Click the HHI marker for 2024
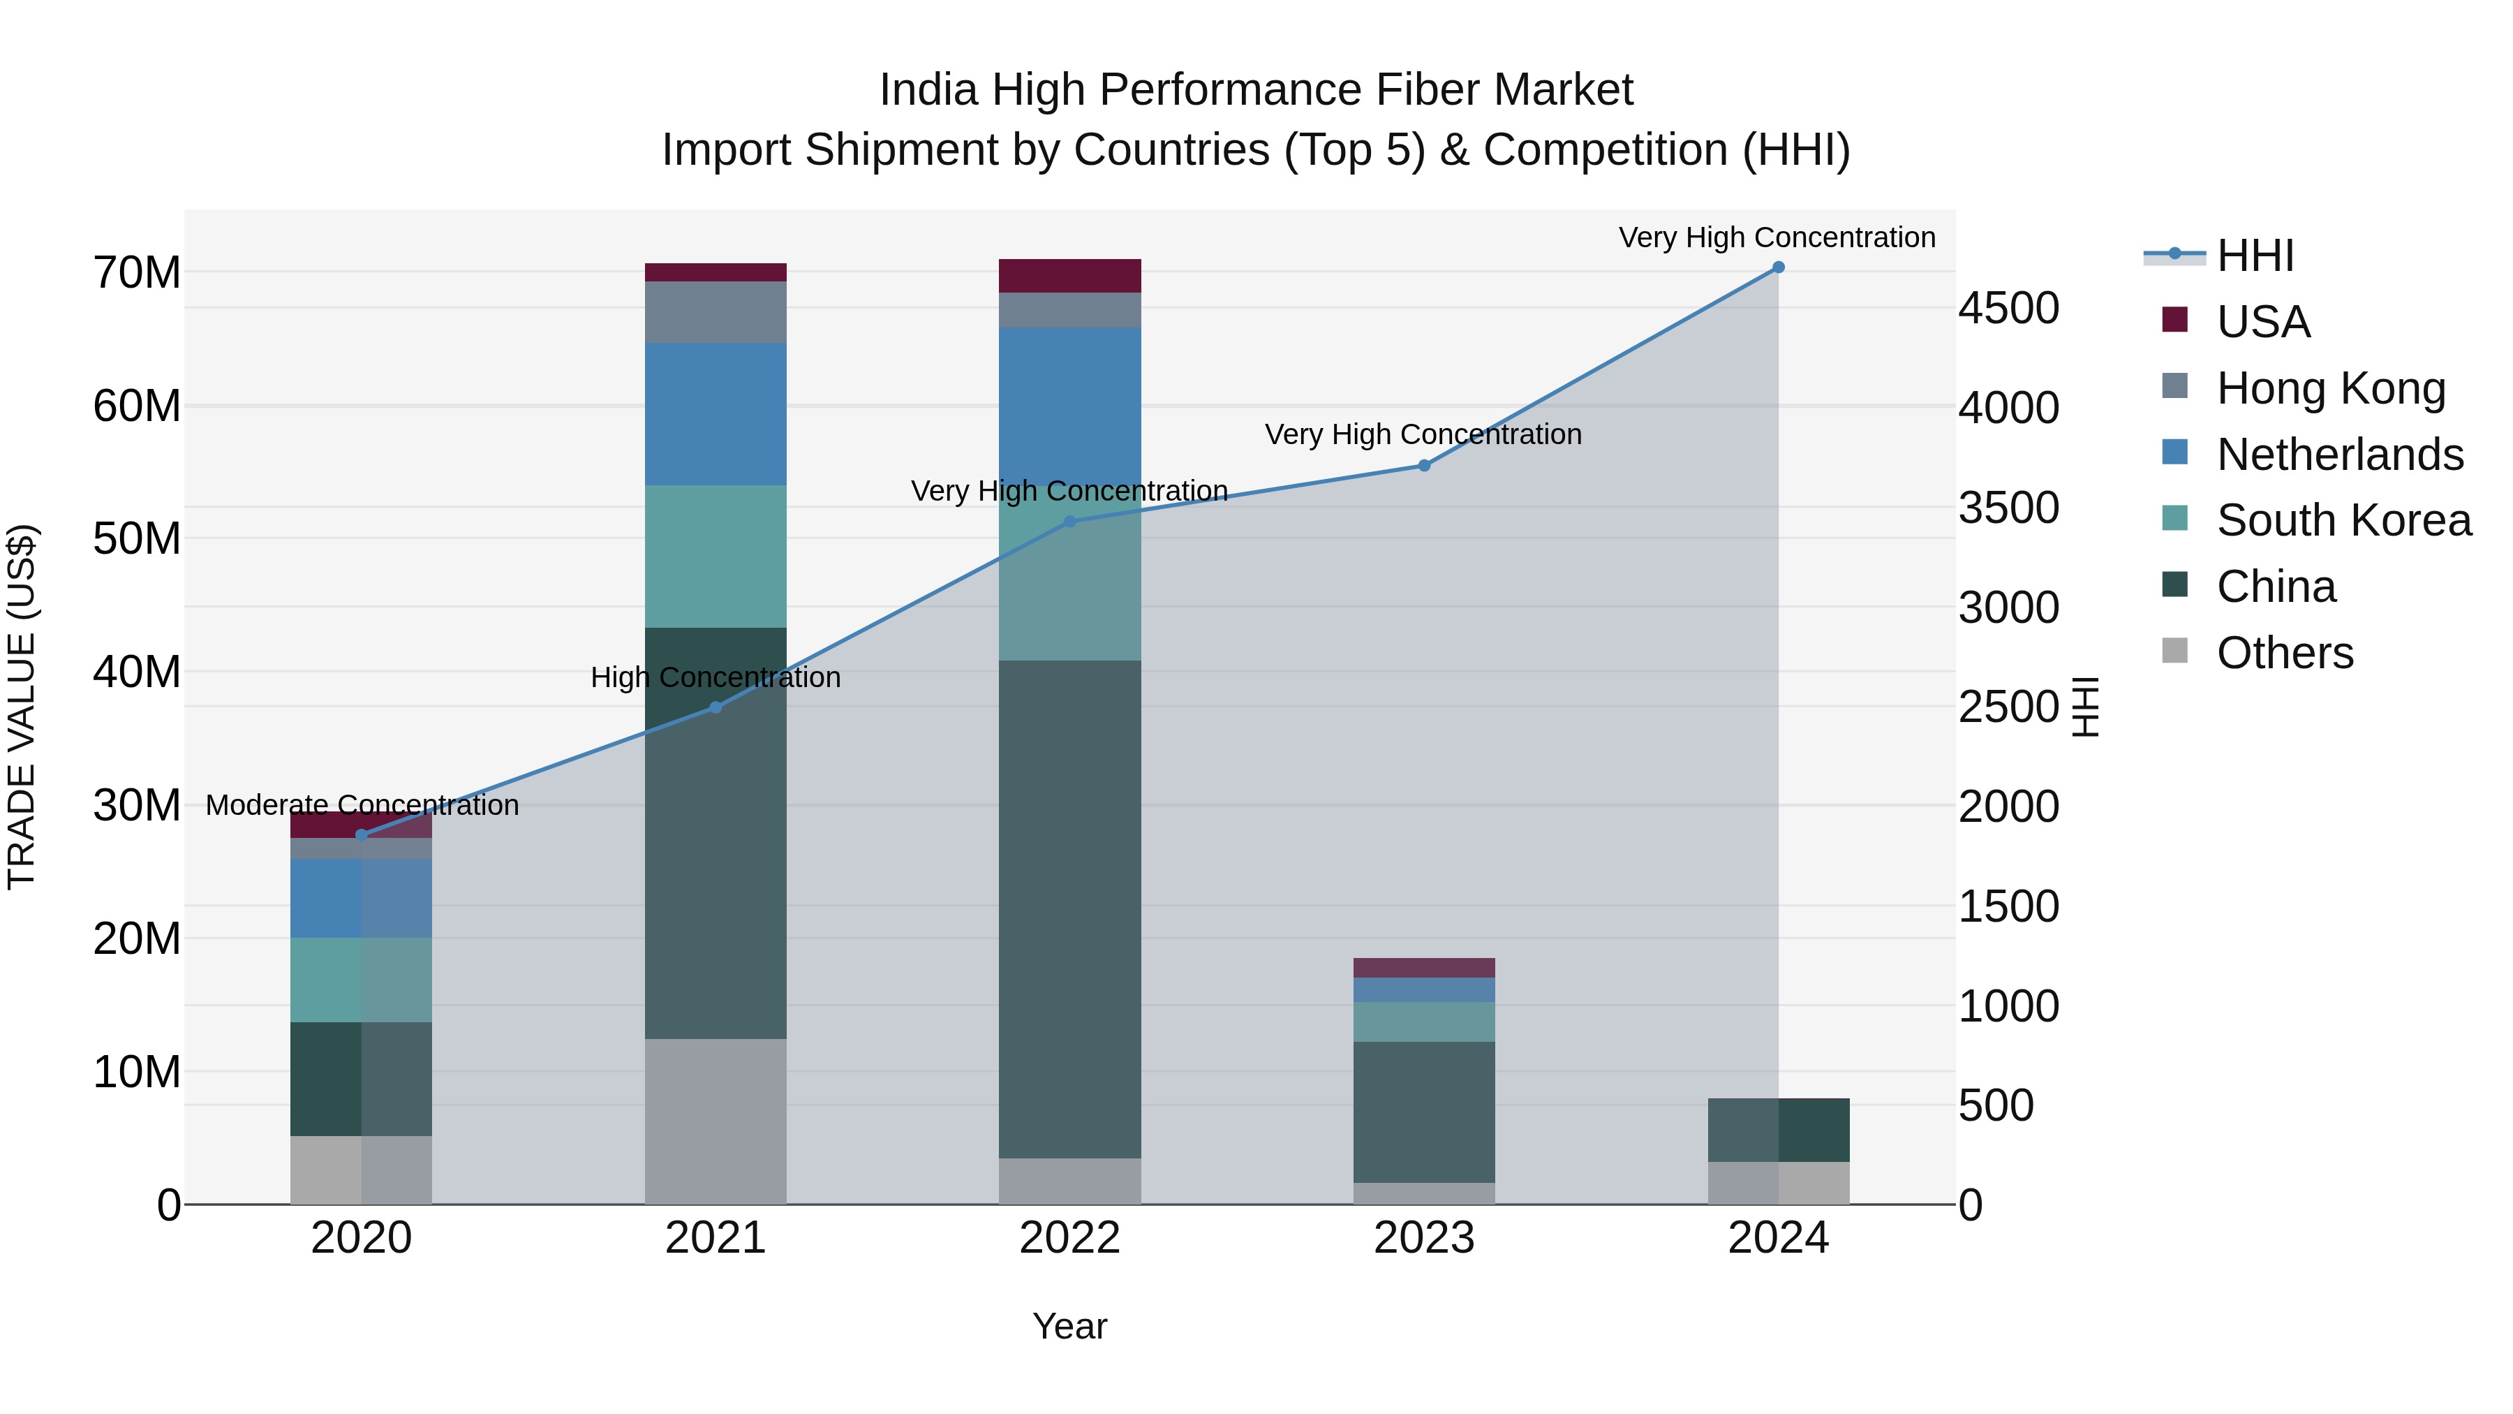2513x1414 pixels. (1777, 267)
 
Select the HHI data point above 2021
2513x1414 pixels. (715, 707)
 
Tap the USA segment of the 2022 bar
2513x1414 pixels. (1069, 276)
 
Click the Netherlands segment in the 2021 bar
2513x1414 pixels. (715, 414)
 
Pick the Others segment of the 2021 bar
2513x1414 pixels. (715, 1121)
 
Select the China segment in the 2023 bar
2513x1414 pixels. (1423, 1112)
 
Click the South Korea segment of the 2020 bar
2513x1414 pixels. (361, 980)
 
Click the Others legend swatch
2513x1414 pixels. (2174, 651)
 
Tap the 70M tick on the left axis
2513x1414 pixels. (137, 272)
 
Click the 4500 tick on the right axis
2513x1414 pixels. (2008, 309)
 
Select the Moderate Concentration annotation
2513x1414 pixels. (362, 805)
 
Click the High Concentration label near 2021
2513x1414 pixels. (715, 677)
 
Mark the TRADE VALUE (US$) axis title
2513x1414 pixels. (22, 707)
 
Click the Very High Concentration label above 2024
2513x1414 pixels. (1777, 237)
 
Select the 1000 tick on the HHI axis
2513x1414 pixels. (2008, 1006)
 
